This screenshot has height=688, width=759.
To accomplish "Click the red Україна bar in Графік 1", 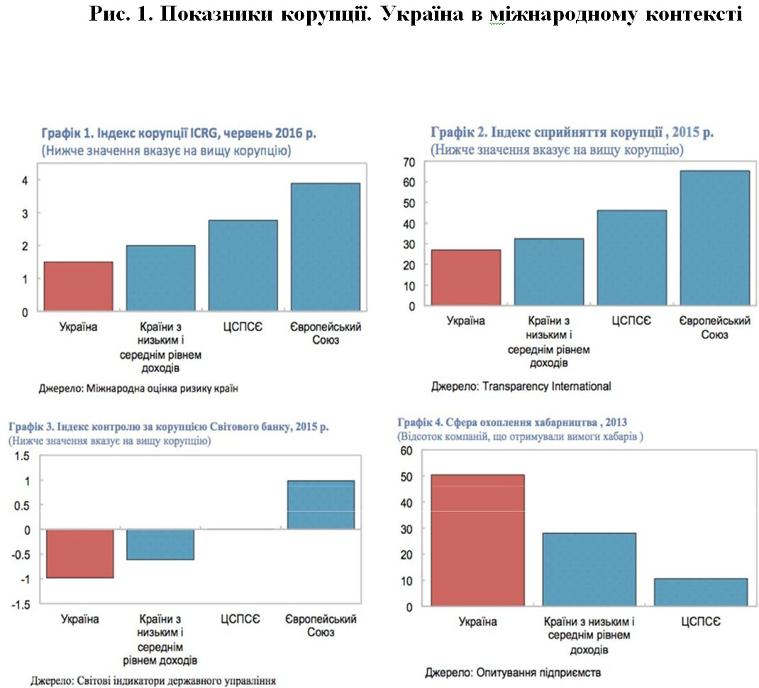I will click(x=78, y=287).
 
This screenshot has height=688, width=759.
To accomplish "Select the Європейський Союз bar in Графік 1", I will click(x=326, y=247).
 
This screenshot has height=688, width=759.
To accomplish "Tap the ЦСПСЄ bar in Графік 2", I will click(x=631, y=258).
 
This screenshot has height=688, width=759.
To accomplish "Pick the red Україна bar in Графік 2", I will click(x=466, y=278).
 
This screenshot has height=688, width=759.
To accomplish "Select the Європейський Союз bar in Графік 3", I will click(x=320, y=505).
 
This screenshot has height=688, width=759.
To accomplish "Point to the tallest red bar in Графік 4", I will click(x=477, y=540).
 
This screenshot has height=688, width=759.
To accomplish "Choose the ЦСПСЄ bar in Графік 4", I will click(x=700, y=592).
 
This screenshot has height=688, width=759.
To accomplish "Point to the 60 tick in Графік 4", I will click(x=406, y=450).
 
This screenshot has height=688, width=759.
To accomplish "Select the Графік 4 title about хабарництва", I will click(x=513, y=421).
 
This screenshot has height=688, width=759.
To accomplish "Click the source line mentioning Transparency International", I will click(x=521, y=387).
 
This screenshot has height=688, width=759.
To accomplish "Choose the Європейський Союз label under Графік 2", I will click(x=714, y=328).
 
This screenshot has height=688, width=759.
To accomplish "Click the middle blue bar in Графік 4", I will click(x=589, y=570).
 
